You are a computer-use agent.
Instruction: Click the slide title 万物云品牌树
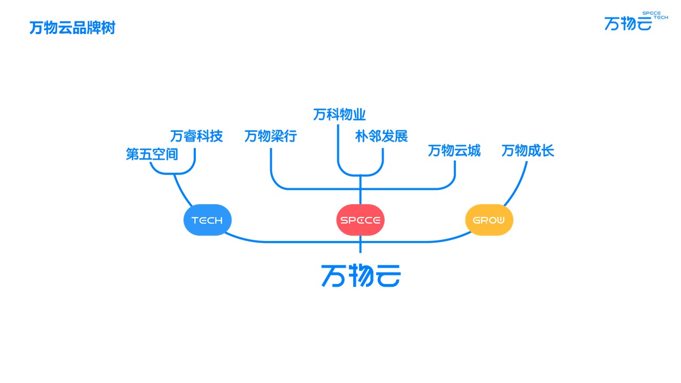(72, 28)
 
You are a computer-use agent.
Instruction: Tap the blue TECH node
(207, 220)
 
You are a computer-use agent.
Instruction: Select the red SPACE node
(360, 220)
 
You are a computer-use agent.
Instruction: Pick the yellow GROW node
(489, 220)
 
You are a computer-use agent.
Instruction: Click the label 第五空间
(152, 154)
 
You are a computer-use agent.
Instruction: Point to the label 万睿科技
(196, 136)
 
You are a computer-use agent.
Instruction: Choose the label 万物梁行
(270, 136)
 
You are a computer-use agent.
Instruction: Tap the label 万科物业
(339, 114)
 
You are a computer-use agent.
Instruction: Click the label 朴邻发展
(381, 136)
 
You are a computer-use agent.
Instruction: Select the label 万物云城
(454, 151)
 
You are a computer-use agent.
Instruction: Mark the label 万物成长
(528, 151)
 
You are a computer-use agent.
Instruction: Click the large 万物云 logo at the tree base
(361, 275)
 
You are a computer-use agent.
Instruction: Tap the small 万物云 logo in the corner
(628, 23)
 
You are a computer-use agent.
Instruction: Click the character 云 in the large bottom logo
(387, 275)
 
